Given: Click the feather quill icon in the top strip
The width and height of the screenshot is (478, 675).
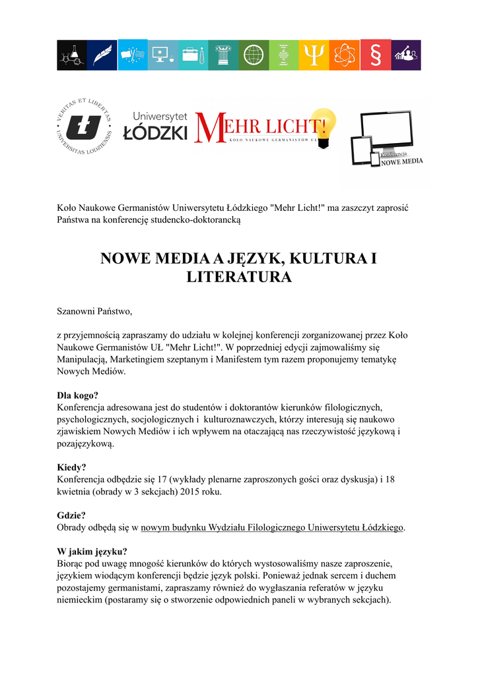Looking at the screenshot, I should point(102,55).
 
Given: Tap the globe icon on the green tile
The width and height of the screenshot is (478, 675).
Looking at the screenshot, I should point(253,55).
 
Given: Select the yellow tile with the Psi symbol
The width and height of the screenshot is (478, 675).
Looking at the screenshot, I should point(314,55).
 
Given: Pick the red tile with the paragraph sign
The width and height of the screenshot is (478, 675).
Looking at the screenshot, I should point(374,55).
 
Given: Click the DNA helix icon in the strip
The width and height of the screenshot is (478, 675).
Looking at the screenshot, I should point(283,55).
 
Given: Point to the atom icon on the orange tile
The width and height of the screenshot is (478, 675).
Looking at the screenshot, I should point(344,55).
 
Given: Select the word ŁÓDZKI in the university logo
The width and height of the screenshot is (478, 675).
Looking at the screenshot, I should point(156,132).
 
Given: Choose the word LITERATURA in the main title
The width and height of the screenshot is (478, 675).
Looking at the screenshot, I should point(239,278).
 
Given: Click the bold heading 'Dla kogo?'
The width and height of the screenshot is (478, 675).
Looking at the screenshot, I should point(78,396).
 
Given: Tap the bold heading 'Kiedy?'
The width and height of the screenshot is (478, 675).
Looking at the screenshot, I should point(72,467).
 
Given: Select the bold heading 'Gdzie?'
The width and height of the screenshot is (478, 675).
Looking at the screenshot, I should point(72,515).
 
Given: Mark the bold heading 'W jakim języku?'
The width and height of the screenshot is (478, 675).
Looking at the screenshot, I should point(92,552).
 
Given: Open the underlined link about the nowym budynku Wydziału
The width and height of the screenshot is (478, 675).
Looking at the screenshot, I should point(272,528).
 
